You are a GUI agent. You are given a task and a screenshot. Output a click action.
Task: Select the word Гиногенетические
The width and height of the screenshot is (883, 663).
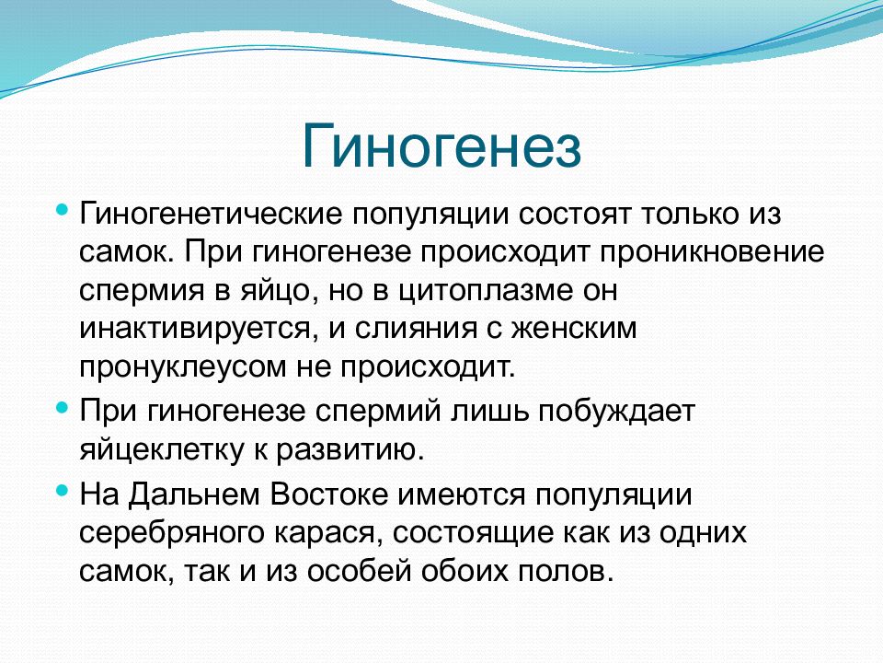point(210,215)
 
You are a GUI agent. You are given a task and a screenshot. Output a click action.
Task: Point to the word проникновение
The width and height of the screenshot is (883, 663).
point(711,253)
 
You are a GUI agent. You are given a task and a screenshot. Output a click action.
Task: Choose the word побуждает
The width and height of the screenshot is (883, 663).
point(616,412)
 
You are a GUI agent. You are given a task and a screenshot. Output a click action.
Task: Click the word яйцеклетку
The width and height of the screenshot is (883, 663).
point(164,450)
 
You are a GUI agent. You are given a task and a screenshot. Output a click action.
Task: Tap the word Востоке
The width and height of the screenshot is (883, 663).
point(329,494)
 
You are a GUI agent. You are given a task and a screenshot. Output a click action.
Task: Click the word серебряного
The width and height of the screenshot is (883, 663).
point(172,533)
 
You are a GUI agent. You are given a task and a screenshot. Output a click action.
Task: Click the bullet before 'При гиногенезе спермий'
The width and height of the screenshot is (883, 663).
point(63,406)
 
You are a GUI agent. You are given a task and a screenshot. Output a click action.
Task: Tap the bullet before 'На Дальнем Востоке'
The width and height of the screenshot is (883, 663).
point(63,490)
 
